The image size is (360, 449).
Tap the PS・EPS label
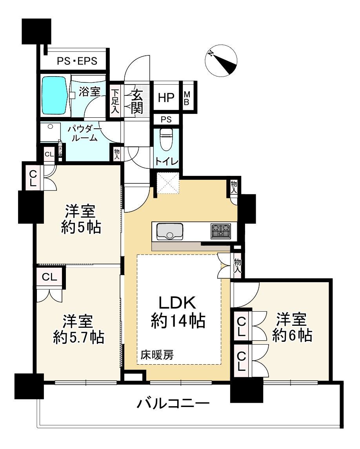[x=77, y=61]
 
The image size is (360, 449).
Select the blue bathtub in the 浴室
[x=54, y=95]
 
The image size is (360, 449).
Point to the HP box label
[x=166, y=98]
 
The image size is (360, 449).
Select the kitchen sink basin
[x=169, y=231]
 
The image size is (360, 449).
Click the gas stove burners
[x=221, y=231]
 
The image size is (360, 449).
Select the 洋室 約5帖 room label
[x=81, y=219]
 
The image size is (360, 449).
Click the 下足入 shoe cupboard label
[x=115, y=102]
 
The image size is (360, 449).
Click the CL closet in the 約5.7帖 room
[x=50, y=277]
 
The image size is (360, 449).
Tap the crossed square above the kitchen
[x=168, y=183]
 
